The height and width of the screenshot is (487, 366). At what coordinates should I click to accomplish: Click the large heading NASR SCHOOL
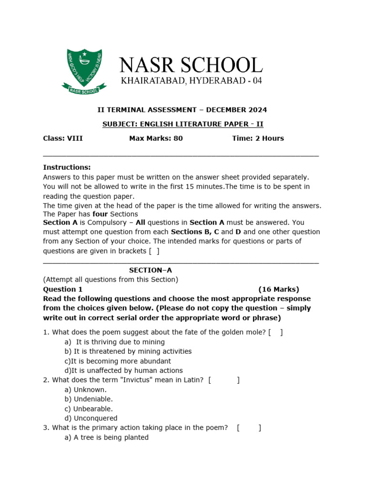(190, 66)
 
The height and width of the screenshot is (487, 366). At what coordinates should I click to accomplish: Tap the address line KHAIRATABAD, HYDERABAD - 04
(191, 81)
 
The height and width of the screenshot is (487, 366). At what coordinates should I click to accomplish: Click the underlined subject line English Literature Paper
(183, 124)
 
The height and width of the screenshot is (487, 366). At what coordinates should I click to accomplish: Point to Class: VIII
(63, 138)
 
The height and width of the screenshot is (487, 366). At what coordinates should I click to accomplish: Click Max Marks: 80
(156, 138)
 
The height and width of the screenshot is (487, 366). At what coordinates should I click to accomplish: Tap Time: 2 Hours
(258, 138)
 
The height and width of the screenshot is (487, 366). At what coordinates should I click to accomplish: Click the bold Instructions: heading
(67, 167)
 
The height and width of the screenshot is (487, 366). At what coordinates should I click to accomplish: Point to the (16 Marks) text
(279, 289)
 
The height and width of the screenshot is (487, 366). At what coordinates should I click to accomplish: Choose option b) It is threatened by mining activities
(128, 351)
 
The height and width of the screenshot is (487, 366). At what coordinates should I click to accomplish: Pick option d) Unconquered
(91, 418)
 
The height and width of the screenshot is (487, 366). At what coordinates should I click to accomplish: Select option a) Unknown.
(85, 390)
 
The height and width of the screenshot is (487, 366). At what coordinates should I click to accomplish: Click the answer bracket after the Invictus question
(224, 380)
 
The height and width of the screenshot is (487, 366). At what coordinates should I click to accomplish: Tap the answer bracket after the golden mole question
(275, 332)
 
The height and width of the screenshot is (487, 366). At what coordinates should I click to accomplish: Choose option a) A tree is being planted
(106, 437)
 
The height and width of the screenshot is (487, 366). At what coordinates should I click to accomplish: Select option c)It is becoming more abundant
(117, 361)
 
